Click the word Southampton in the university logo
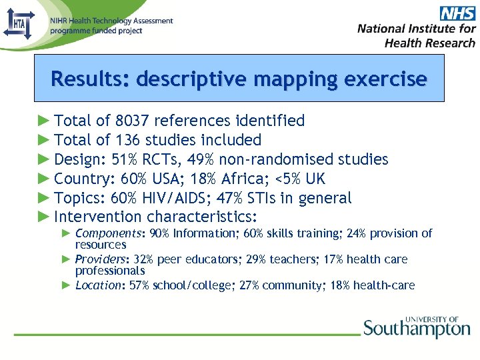coord(417,329)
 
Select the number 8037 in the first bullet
coord(133,121)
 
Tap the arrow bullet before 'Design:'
coord(43,159)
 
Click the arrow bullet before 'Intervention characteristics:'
coord(43,217)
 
